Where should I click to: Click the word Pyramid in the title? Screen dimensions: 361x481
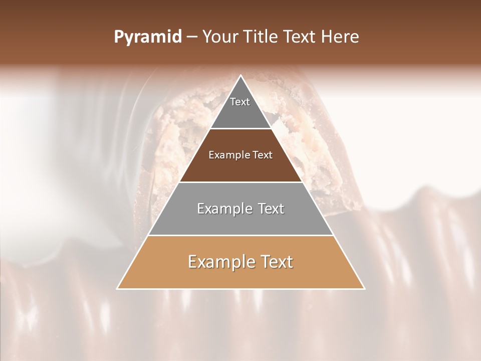[147, 37]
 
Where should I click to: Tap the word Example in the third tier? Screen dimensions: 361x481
[224, 209]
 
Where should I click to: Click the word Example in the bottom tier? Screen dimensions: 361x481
[219, 262]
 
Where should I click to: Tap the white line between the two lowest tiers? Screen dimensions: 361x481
[241, 235]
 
